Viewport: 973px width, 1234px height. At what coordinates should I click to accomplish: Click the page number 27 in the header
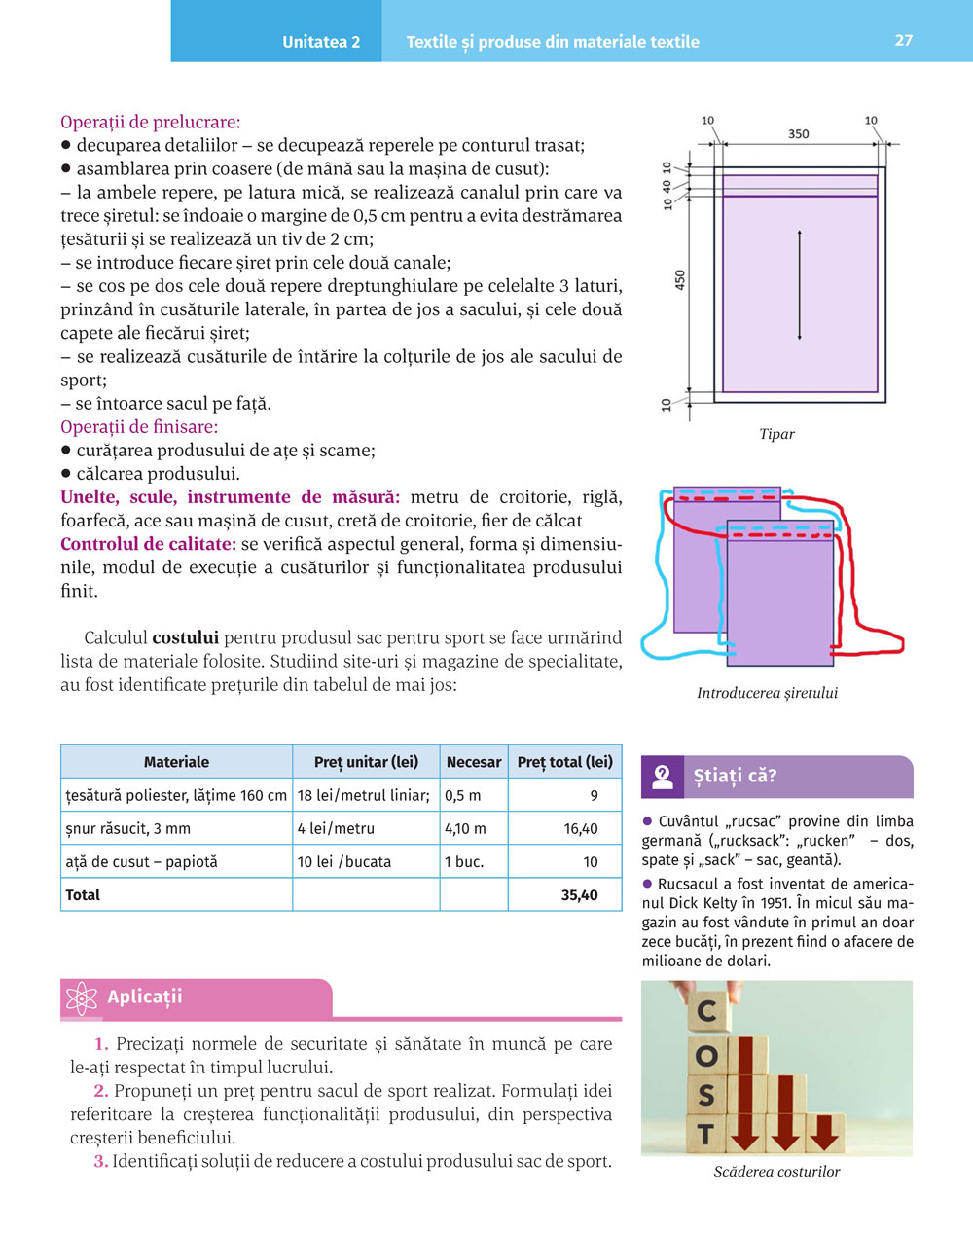[x=903, y=40]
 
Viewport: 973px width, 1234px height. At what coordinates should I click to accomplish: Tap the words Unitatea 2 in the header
[x=321, y=42]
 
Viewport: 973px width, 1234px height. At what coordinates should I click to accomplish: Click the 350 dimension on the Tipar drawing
[x=799, y=133]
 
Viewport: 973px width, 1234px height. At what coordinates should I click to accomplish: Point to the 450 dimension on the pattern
[x=680, y=280]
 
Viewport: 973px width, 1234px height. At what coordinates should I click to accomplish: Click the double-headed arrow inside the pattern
[x=799, y=284]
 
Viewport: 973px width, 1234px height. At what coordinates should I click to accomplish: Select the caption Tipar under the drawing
[x=776, y=434]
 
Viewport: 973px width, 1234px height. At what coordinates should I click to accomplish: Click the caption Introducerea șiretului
[x=767, y=693]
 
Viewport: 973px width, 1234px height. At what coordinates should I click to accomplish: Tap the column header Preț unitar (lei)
[x=366, y=762]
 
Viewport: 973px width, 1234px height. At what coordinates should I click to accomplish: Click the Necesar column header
[x=474, y=762]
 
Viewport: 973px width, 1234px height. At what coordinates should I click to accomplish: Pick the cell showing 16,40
[x=581, y=828]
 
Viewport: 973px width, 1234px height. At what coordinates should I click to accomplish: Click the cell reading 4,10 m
[x=465, y=828]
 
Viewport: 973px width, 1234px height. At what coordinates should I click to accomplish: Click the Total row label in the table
[x=83, y=894]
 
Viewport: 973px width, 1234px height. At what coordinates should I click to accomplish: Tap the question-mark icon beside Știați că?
[x=663, y=776]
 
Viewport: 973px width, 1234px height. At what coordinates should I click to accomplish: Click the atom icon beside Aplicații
[x=82, y=998]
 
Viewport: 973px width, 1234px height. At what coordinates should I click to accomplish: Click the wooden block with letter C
[x=706, y=1012]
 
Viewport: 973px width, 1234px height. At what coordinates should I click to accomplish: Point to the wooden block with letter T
[x=706, y=1134]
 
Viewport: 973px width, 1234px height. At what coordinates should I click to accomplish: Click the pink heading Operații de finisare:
[x=139, y=427]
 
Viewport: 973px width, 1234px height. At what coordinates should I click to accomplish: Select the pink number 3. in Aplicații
[x=100, y=1161]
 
